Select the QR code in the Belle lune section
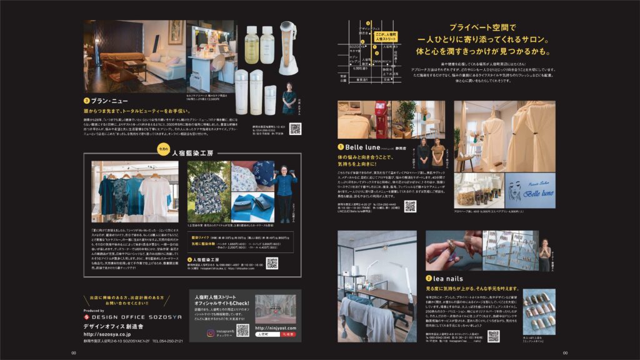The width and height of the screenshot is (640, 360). pyautogui.click(x=409, y=206)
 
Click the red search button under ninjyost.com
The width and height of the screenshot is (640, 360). pyautogui.click(x=289, y=334)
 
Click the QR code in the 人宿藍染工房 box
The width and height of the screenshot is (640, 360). pyautogui.click(x=272, y=264)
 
